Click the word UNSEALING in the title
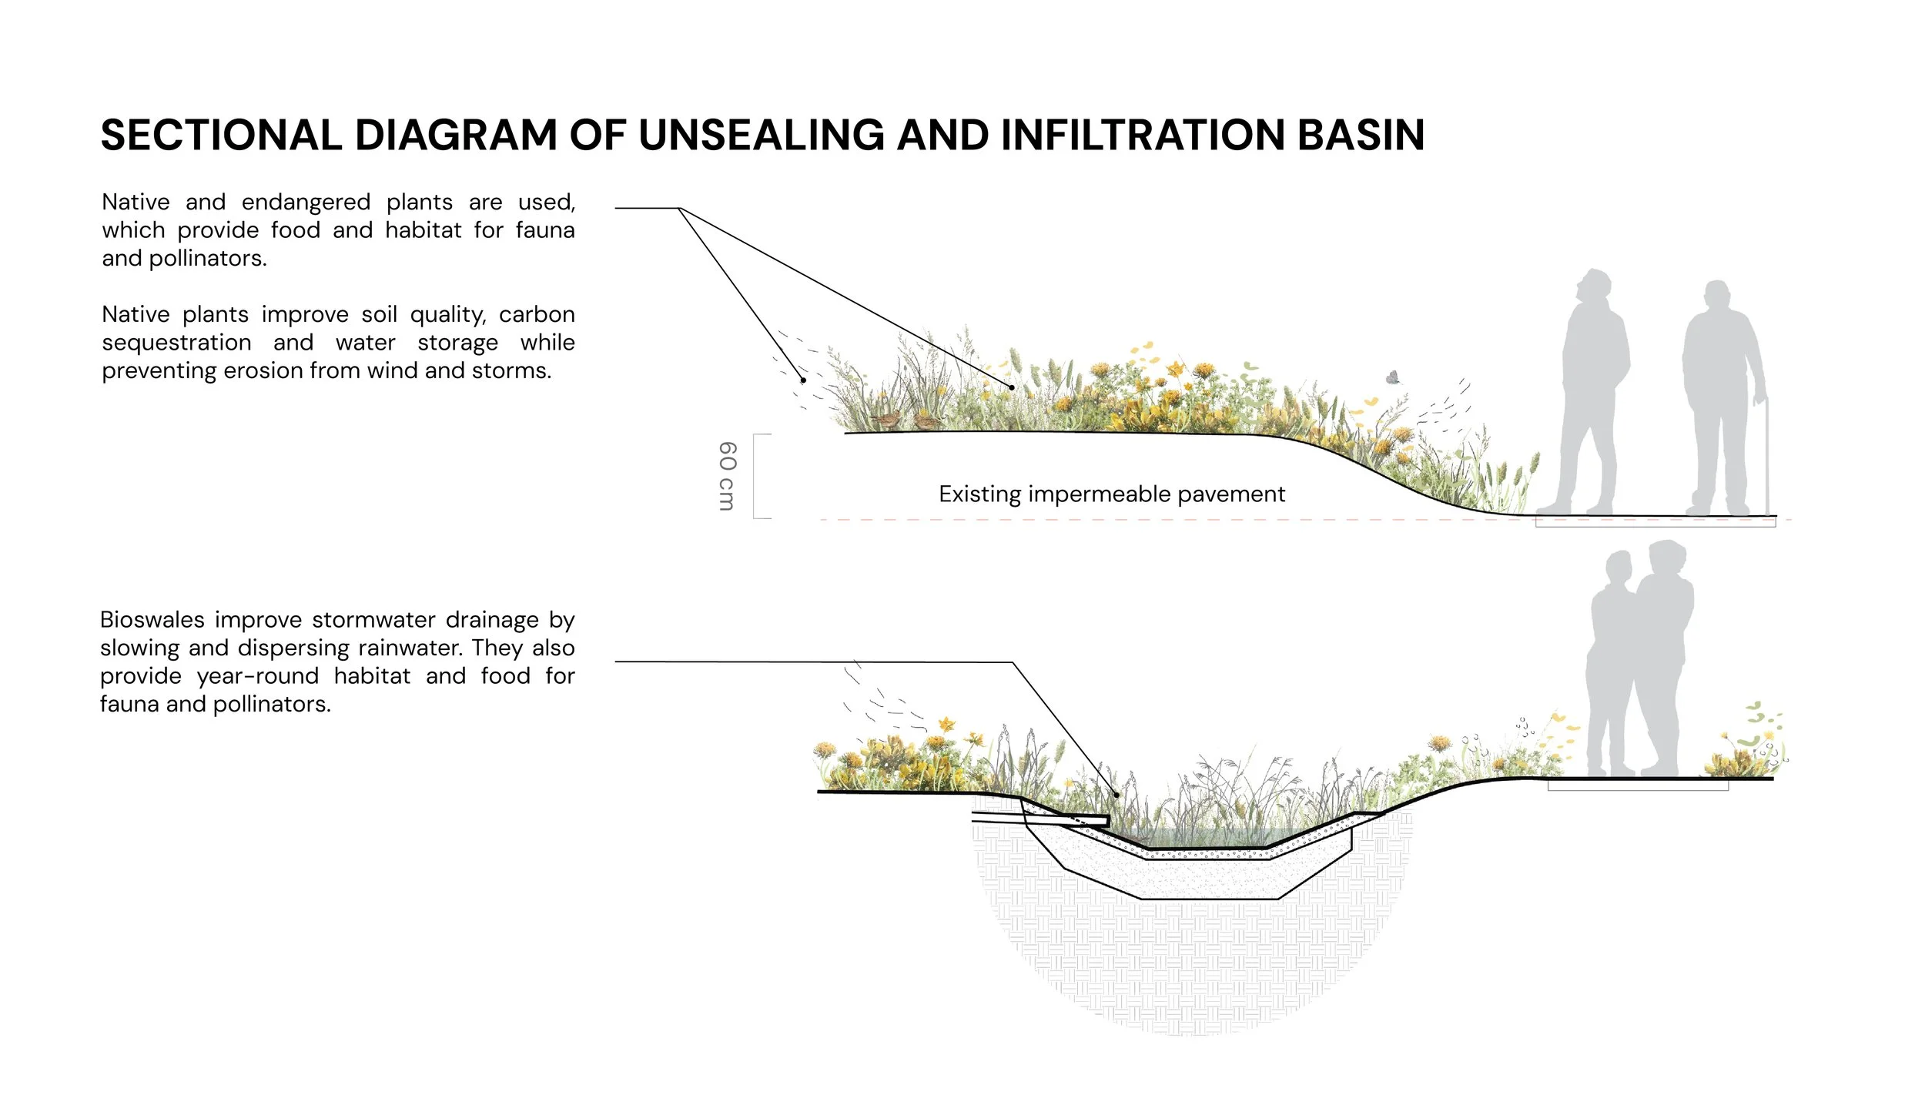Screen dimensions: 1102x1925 (762, 136)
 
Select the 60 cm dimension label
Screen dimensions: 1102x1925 (727, 475)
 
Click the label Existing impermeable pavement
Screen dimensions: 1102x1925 (1111, 494)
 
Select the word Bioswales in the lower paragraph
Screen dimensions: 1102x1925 (152, 620)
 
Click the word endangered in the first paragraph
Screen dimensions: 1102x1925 (306, 202)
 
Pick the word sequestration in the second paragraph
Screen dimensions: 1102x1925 (176, 342)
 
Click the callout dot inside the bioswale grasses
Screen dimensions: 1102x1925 (1116, 794)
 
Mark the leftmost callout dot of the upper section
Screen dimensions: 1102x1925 (803, 380)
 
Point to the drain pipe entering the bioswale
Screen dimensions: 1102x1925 (1039, 818)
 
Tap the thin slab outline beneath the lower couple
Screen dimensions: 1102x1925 (1638, 785)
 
